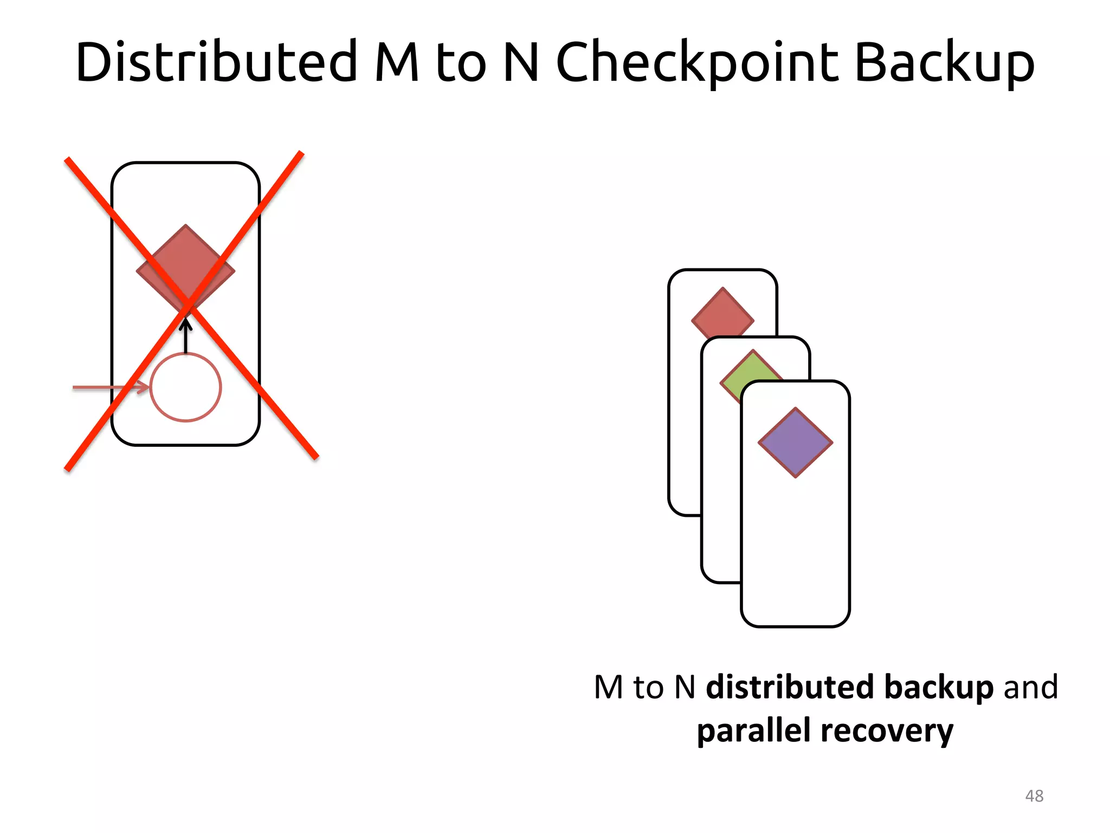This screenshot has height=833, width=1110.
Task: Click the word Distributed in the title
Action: point(217,62)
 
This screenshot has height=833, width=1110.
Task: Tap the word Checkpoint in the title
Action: point(697,62)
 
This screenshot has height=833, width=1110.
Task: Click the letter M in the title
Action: point(397,62)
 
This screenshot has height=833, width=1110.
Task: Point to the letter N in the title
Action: point(521,62)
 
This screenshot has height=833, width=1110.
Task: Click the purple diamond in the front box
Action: point(795,443)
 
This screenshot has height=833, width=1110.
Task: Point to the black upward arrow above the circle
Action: point(186,336)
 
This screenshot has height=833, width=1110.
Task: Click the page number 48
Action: point(1034,796)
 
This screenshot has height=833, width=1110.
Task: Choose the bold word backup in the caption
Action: point(939,687)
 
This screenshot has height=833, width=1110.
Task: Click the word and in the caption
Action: point(1031,687)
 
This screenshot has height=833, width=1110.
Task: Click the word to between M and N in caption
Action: point(648,687)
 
